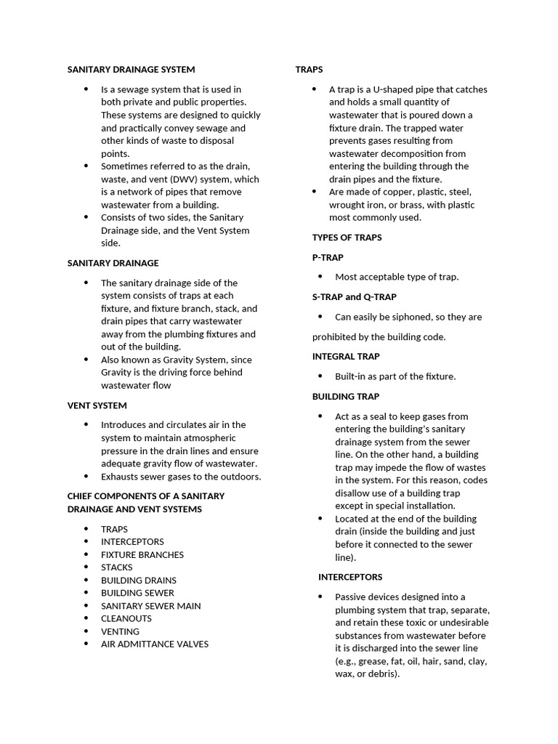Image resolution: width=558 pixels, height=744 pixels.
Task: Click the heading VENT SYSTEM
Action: [97, 405]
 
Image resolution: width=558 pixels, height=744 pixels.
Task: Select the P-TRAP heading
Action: [328, 257]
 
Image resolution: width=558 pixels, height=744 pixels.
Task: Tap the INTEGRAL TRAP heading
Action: [346, 357]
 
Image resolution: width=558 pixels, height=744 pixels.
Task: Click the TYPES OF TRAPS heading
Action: [347, 238]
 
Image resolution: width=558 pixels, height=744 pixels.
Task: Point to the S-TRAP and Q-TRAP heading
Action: [354, 297]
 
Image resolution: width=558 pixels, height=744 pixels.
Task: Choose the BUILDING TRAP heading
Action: [346, 397]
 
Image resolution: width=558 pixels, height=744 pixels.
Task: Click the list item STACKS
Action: [117, 567]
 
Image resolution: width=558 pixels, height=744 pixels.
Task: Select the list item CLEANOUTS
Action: [126, 618]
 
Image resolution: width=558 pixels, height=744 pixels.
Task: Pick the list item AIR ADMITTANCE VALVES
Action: [155, 644]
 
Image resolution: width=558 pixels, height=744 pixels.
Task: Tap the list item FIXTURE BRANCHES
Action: [142, 554]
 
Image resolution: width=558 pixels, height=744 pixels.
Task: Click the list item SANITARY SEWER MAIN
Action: [151, 606]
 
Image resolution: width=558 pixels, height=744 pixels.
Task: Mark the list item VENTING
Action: [120, 631]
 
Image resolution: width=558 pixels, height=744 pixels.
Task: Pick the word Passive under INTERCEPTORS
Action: [351, 597]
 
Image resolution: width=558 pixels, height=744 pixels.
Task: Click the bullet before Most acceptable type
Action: [321, 277]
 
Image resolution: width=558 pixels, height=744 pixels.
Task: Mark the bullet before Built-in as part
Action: [321, 376]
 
